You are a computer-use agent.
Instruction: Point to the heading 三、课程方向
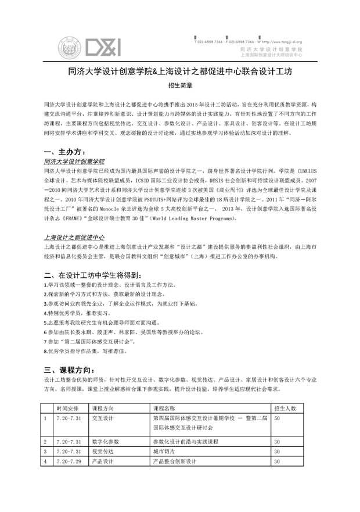(68, 370)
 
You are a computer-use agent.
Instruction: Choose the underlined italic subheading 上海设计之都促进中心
(74, 238)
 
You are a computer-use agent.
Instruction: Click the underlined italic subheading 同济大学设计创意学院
(74, 161)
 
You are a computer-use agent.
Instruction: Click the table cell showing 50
(277, 418)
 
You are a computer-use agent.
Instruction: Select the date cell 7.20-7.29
(69, 461)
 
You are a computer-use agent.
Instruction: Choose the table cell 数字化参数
(105, 442)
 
